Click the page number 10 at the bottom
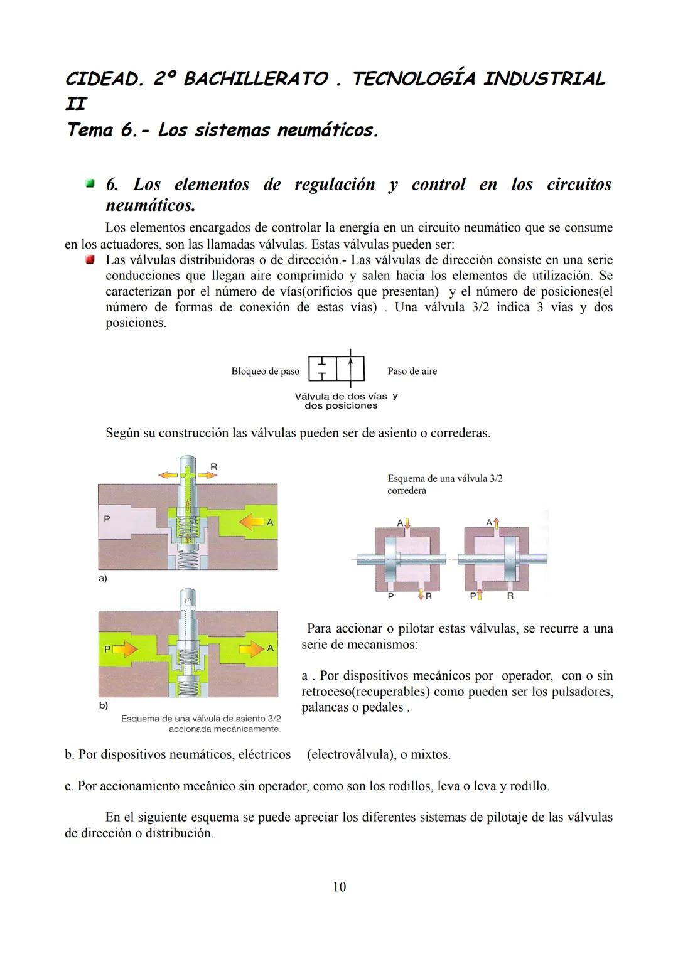339,887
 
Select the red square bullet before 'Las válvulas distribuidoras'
90,260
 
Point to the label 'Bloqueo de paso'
265,372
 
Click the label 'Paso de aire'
412,372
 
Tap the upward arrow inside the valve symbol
352,367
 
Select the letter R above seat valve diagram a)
213,467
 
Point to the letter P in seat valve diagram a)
107,519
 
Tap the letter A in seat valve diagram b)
271,648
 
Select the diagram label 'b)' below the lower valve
103,705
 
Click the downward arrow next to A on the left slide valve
407,522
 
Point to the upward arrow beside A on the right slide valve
496,522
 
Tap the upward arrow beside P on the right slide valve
479,595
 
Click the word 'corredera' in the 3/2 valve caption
407,491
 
